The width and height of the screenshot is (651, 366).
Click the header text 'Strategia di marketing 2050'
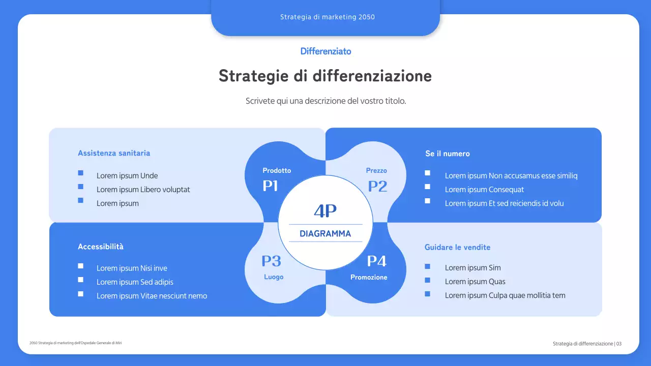[327, 17]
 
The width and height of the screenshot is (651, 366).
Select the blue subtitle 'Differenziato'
[325, 51]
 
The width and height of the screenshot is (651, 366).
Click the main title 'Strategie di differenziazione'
[325, 76]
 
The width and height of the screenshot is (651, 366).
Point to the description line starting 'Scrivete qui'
[325, 101]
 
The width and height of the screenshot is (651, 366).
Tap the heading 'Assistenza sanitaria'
[114, 153]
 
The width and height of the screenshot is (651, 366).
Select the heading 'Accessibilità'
[101, 247]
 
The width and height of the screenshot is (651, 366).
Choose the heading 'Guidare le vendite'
[457, 247]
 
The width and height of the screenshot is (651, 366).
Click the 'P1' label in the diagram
[270, 186]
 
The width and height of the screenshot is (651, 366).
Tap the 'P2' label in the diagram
[377, 186]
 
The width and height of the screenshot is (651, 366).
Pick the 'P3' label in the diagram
[271, 261]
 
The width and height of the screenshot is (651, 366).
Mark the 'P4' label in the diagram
[377, 261]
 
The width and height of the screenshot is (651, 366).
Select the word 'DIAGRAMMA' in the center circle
[325, 234]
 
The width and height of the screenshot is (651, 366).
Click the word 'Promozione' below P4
[369, 278]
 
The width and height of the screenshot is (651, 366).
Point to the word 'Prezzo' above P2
[376, 171]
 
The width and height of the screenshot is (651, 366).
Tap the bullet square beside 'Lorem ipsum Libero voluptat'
[80, 187]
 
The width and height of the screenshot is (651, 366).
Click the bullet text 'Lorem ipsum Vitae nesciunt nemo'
[152, 296]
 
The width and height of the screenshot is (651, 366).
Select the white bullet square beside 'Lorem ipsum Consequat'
[427, 187]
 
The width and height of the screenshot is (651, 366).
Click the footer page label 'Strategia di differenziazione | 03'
[587, 344]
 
